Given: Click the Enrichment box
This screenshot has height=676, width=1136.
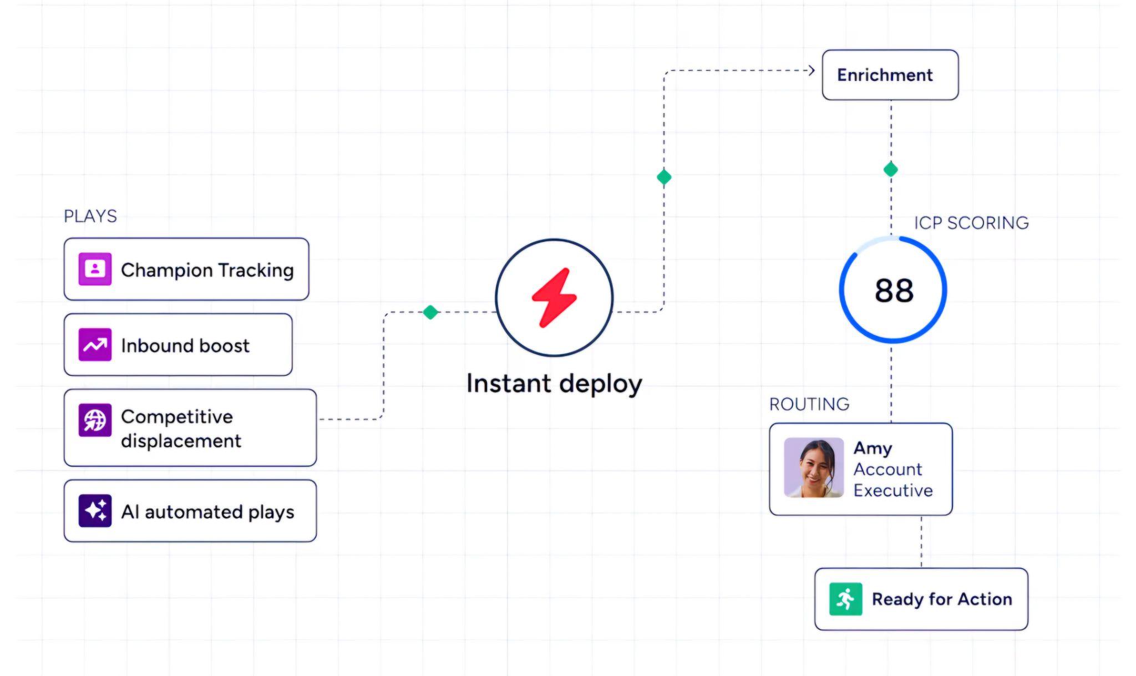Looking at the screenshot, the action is click(890, 75).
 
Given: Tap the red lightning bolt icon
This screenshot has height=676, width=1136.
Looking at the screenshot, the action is click(554, 298).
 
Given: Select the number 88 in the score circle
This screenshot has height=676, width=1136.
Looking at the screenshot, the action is click(894, 290).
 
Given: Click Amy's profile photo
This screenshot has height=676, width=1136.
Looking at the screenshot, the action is click(814, 467).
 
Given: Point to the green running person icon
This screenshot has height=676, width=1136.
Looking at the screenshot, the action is click(845, 599).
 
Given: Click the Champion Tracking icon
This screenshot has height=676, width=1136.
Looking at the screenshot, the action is click(95, 269).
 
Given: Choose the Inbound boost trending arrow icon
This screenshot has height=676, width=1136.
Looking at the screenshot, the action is click(95, 345).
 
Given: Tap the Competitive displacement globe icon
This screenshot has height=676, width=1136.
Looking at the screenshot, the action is click(95, 420).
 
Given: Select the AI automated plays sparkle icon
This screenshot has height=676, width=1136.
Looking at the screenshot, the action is click(95, 511).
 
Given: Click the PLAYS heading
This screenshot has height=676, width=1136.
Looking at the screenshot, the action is click(90, 216).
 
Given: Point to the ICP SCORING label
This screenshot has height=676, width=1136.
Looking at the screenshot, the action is click(971, 223).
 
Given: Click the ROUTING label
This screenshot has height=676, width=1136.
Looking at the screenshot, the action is click(809, 404).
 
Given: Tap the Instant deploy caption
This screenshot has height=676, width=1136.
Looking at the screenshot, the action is click(554, 384).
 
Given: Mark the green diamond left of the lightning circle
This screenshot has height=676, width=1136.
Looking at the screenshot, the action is click(430, 312).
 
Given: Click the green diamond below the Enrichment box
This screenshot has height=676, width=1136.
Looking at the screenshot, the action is click(891, 169).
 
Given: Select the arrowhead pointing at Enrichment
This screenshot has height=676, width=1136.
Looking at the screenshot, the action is click(812, 70).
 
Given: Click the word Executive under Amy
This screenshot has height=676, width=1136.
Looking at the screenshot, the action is click(893, 490).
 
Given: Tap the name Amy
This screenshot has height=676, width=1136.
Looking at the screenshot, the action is click(873, 449).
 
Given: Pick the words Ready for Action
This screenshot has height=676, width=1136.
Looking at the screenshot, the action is click(942, 599).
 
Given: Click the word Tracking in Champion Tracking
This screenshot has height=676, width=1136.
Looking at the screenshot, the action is click(256, 271).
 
